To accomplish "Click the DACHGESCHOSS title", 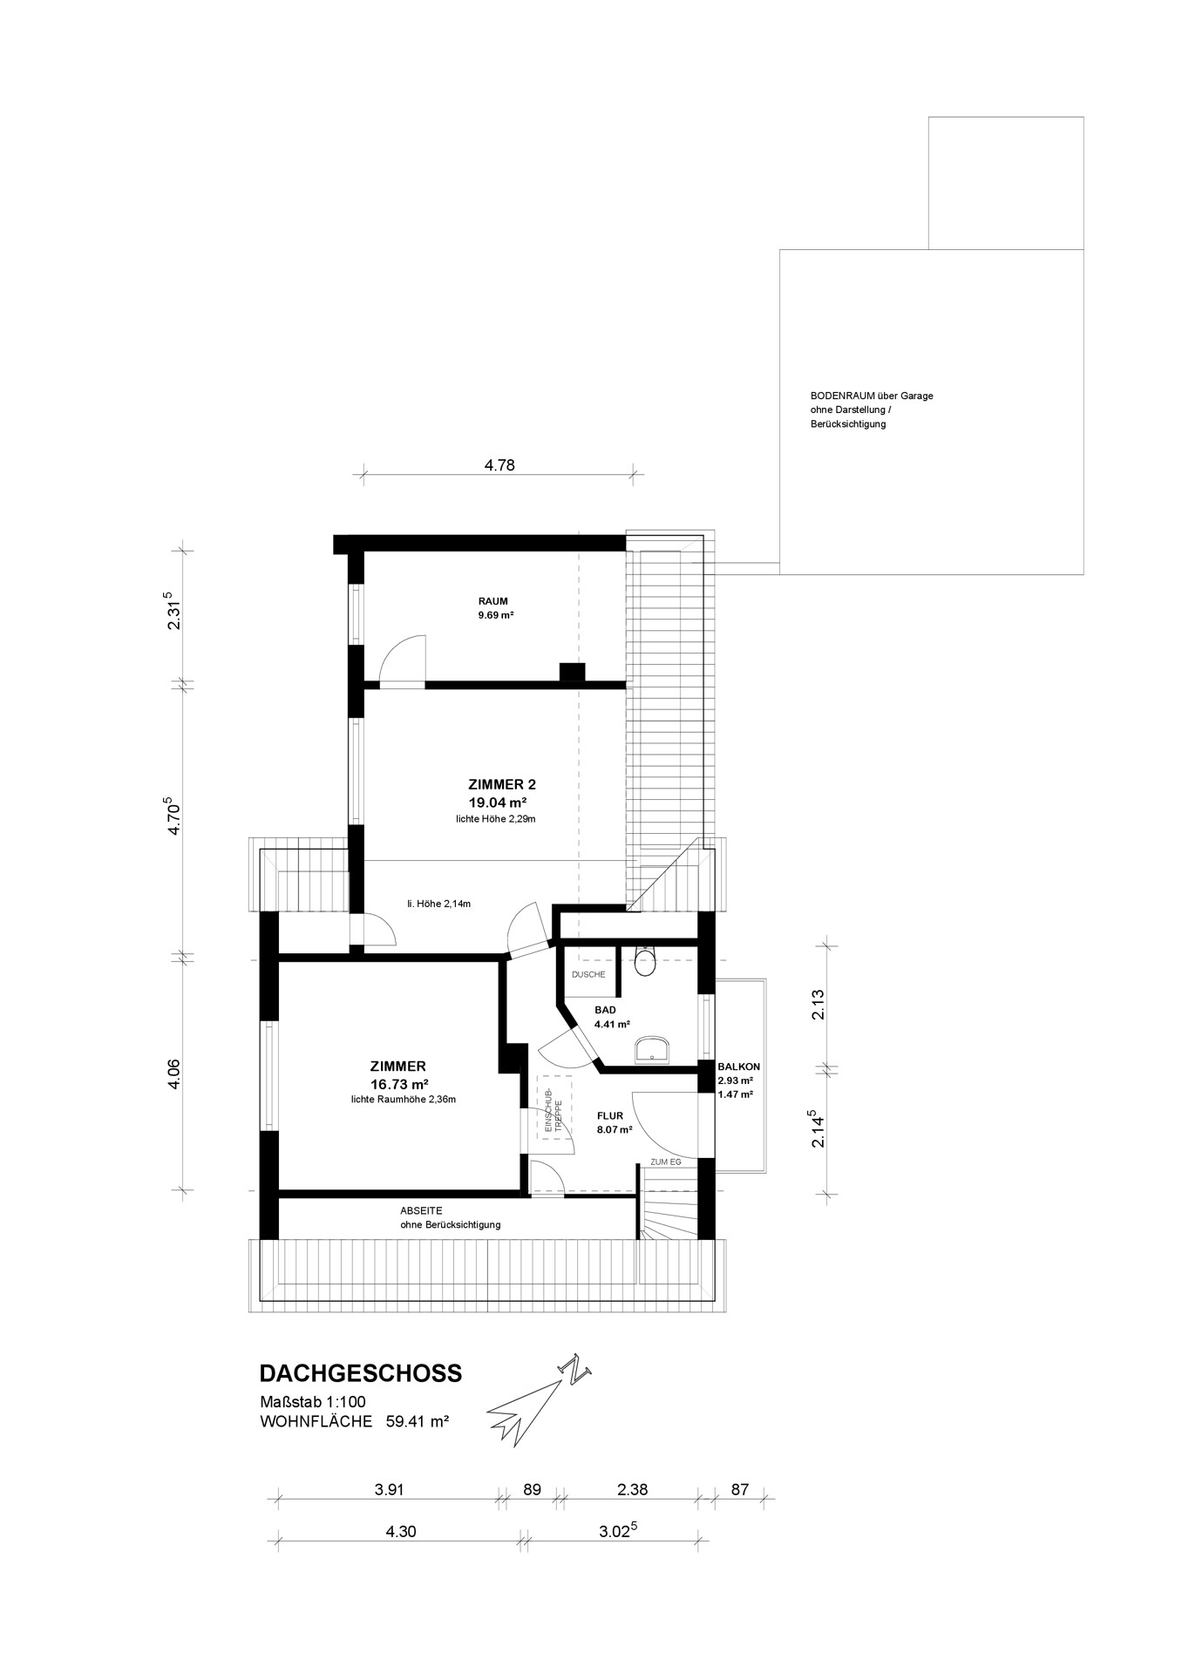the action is pos(361,1373).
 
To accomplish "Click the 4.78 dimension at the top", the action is pos(499,465).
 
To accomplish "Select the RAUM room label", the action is pos(492,601).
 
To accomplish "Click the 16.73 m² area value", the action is pos(398,1084).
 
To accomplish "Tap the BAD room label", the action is pos(605,1010).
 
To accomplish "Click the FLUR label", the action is pos(610,1115).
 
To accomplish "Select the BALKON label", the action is pos(739,1067).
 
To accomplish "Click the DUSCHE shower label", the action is pos(588,974).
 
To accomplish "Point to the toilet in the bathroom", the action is pos(646,960).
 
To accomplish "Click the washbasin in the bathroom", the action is pos(653,1050).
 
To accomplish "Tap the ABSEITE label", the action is pos(421,1211).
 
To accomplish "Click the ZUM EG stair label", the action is pos(665,1162).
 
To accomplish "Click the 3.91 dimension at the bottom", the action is pos(389,1489).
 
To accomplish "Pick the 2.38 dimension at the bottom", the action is pos(632,1489).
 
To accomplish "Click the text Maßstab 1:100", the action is pos(312,1403).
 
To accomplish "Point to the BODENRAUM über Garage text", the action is pos(872,396).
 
